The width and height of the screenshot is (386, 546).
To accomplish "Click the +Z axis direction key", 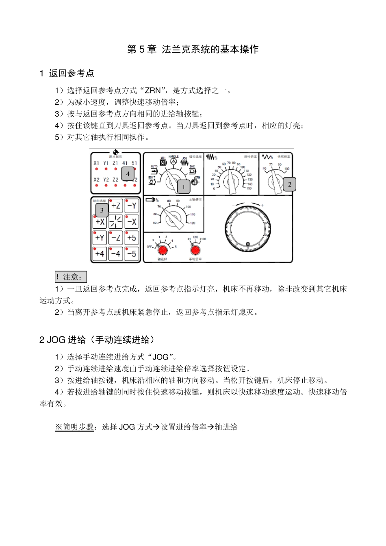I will (x=116, y=206).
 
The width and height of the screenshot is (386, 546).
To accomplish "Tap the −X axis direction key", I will (x=132, y=222).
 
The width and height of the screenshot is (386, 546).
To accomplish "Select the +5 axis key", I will (x=132, y=238).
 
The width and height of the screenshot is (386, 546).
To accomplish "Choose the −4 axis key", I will (x=116, y=254).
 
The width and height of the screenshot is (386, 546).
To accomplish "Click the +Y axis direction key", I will (x=100, y=238).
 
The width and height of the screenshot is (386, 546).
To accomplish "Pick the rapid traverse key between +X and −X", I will (x=116, y=222).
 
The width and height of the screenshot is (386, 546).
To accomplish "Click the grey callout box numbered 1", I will (x=184, y=187).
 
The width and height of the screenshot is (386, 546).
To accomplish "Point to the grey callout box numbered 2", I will (x=290, y=184).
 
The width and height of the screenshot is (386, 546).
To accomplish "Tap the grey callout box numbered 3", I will (x=102, y=210).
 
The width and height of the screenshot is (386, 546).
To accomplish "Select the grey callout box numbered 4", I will (x=128, y=174).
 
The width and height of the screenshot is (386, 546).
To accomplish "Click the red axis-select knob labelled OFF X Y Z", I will (x=163, y=249).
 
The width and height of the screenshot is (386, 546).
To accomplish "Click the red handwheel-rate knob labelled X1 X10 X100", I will (x=195, y=249).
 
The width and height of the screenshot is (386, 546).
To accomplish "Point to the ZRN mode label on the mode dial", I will (x=197, y=178).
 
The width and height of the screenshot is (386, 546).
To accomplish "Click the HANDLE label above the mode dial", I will (x=173, y=156).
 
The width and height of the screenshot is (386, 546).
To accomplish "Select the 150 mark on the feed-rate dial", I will (x=249, y=188).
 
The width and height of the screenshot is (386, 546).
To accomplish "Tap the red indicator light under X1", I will (x=96, y=169).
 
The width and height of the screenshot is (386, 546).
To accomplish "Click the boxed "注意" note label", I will (x=71, y=277).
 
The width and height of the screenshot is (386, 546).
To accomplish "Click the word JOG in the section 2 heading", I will (x=56, y=340).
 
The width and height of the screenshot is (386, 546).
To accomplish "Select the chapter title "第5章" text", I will (x=142, y=50).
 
